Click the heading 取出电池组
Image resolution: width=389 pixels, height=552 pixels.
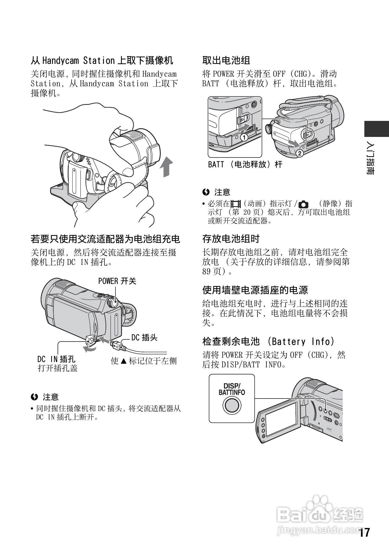226,60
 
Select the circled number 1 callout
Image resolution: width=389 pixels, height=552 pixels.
244,137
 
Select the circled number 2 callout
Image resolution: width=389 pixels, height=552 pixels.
299,153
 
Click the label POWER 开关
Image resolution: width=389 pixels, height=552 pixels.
117,281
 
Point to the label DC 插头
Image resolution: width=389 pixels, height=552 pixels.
144,338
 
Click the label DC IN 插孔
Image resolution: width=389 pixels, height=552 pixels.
56,359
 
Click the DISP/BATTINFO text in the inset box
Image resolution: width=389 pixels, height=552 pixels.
232,389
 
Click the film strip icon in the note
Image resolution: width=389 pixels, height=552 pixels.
235,204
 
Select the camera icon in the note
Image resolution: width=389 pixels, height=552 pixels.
304,205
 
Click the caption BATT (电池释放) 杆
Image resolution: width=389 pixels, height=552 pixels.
245,164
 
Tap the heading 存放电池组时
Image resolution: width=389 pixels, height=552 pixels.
231,239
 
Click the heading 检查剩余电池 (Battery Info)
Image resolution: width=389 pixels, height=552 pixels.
268,342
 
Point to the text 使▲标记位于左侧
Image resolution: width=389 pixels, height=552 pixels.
144,361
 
